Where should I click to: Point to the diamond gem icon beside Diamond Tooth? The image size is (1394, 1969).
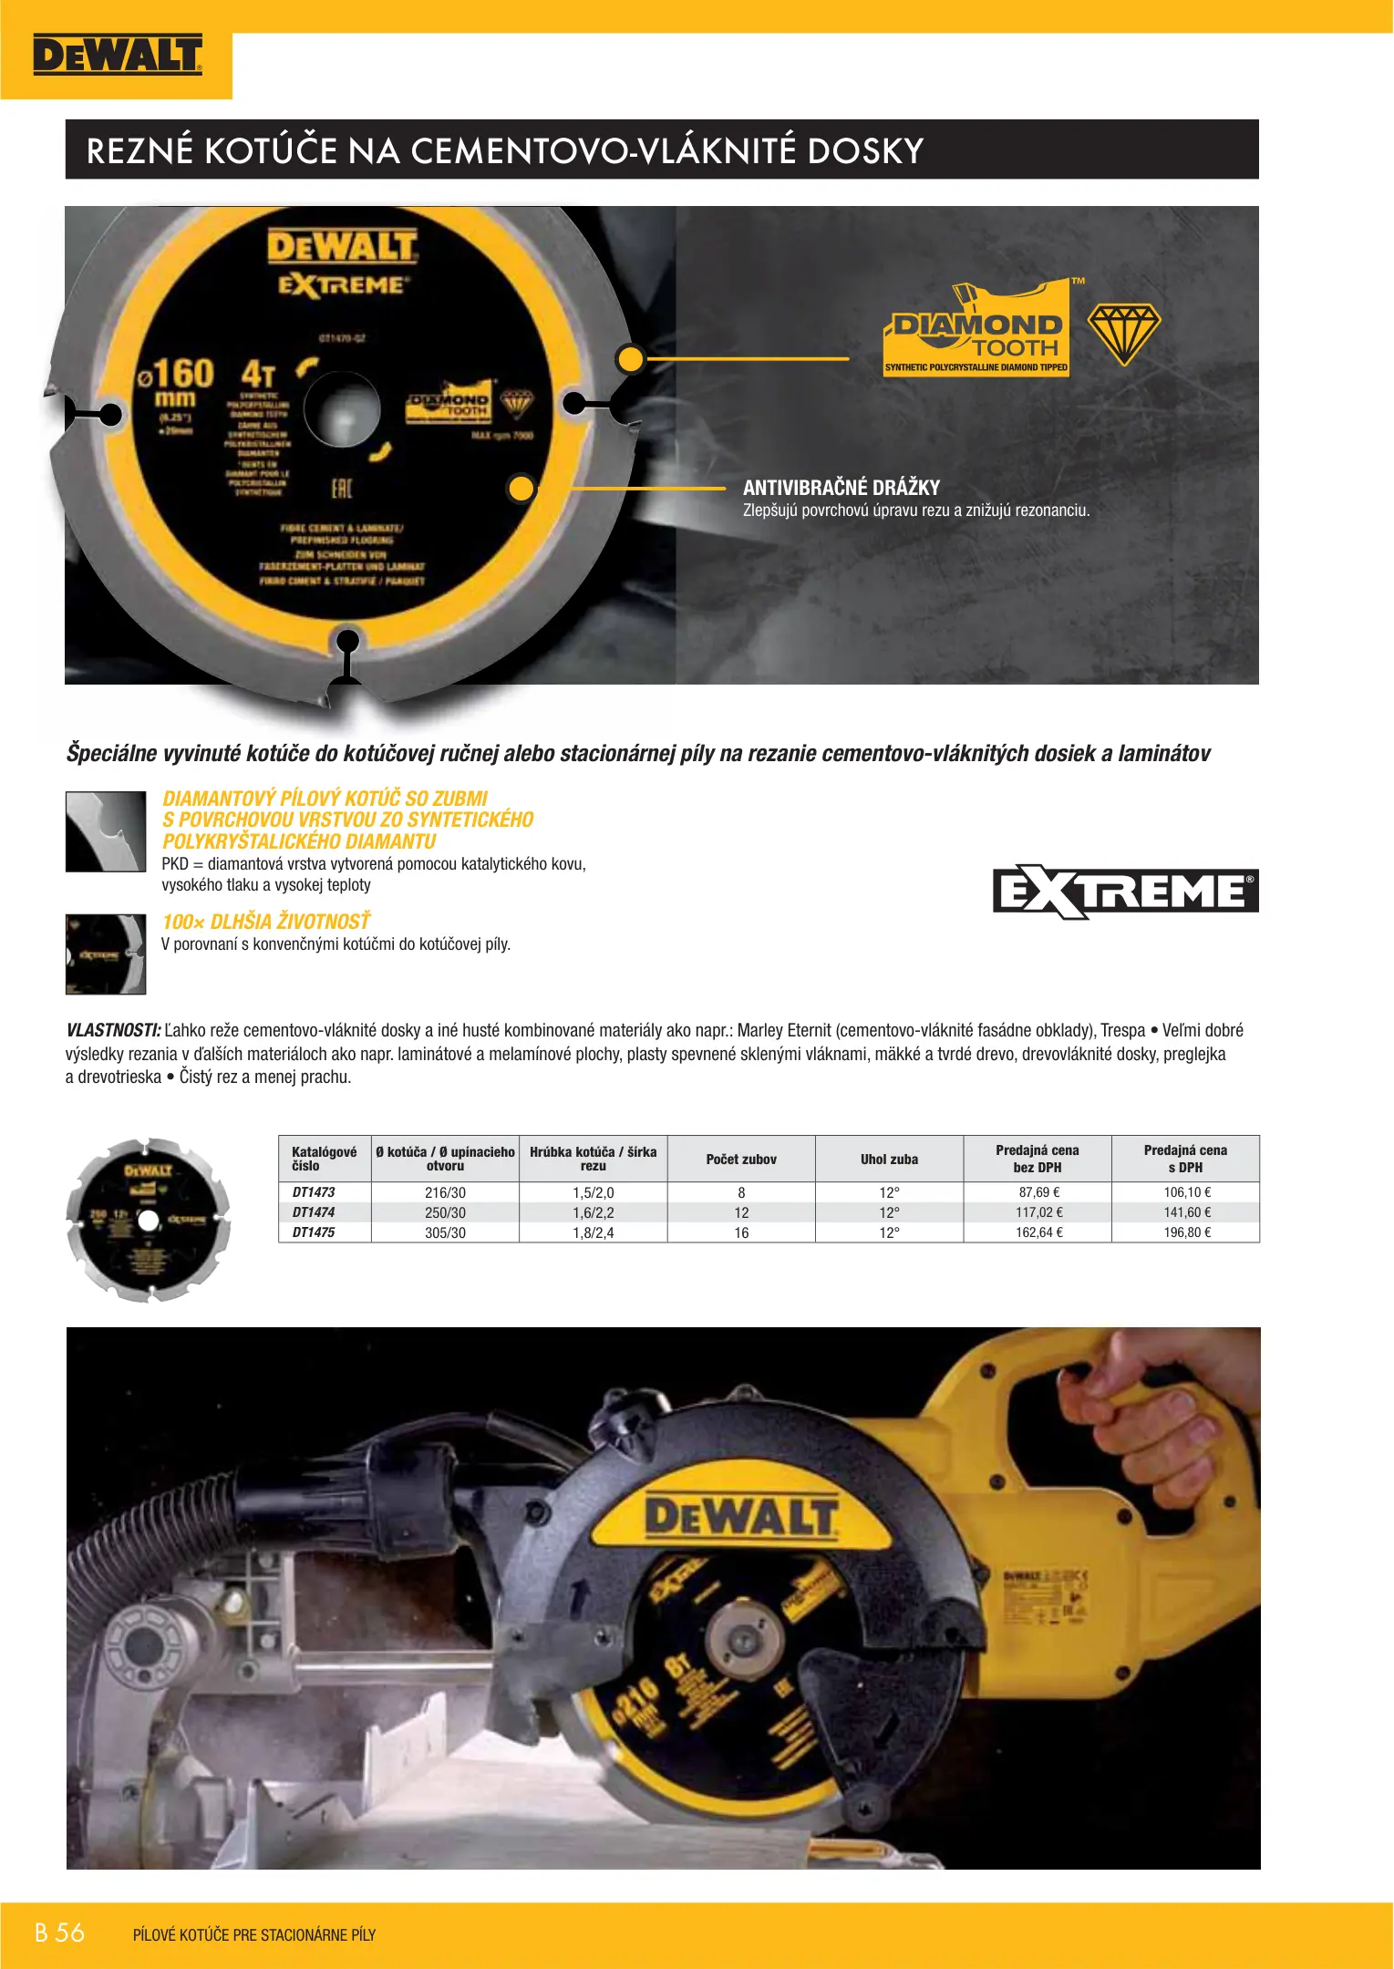[x=1123, y=334]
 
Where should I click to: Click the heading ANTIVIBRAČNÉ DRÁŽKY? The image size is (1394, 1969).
[x=841, y=488]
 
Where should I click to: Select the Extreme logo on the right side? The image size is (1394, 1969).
[x=1125, y=892]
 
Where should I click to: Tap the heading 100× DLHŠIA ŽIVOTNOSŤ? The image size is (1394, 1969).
[x=266, y=922]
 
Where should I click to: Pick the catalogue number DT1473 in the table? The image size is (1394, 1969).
[x=314, y=1192]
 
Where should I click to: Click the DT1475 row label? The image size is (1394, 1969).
[x=314, y=1232]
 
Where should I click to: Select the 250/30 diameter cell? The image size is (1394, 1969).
[x=445, y=1212]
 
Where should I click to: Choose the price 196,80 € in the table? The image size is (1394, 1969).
[x=1187, y=1232]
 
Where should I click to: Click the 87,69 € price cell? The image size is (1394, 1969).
[x=1039, y=1192]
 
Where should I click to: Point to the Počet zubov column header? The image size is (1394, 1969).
[x=741, y=1160]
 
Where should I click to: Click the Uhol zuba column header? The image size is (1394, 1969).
[x=889, y=1160]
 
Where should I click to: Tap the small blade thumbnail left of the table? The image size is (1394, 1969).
[x=148, y=1220]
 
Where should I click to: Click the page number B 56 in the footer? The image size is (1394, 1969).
[x=59, y=1933]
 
